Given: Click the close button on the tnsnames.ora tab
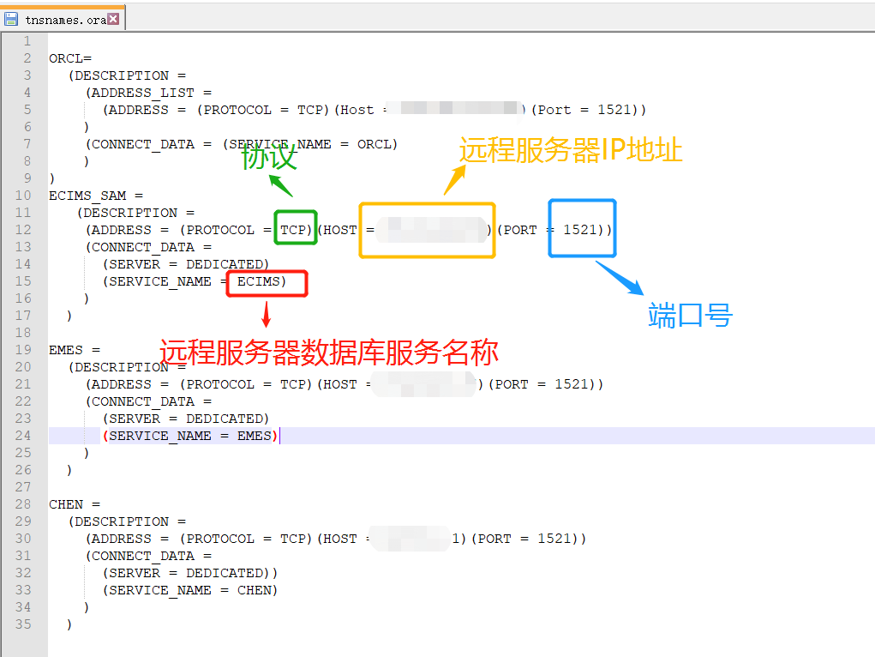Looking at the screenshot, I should (x=113, y=19).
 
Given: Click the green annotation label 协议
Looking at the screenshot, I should (x=268, y=158).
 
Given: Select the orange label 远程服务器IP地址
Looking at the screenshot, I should (x=571, y=150).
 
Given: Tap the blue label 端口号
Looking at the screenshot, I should (x=690, y=316).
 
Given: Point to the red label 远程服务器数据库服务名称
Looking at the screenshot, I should (x=329, y=352).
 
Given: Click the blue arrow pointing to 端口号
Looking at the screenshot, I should (x=619, y=278).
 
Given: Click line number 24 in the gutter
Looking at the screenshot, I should (x=22, y=436).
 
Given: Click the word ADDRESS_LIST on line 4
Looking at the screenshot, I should (x=142, y=93).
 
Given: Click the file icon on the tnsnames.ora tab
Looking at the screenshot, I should (x=11, y=19).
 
